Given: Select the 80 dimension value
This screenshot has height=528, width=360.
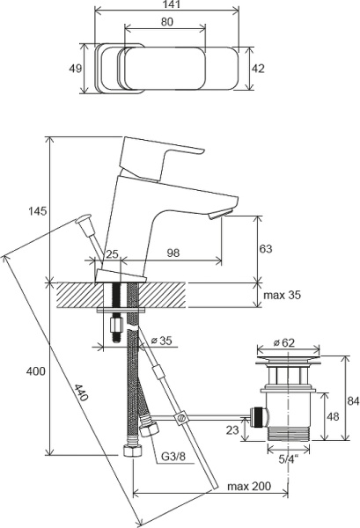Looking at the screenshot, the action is point(166,22).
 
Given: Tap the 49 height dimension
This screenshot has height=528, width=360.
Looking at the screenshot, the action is point(75,69).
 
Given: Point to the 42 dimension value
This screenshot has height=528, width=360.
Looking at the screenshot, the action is point(258,69).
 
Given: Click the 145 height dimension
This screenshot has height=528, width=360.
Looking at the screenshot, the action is point(37,211).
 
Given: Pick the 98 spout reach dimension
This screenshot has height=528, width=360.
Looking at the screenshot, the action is point(173,253).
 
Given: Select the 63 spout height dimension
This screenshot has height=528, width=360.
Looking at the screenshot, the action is point(266,249).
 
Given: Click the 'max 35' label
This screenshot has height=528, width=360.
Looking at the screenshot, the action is point(283,295).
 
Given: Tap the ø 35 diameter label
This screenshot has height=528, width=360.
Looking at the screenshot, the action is point(161,341).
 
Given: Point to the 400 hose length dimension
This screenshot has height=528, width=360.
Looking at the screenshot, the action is point(36,371).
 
